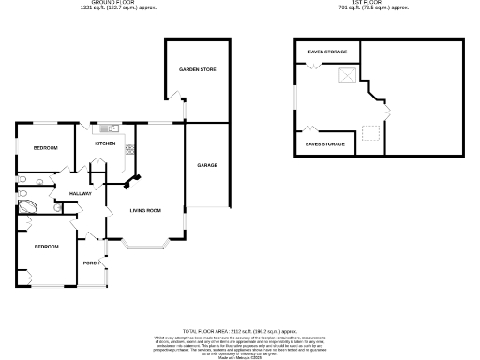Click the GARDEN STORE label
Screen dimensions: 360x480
coord(198,70)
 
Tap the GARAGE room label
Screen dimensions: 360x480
coord(207,165)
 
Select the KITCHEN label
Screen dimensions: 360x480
coord(104,144)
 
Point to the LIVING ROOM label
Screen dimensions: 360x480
coord(145,211)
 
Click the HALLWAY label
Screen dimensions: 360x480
coord(80,193)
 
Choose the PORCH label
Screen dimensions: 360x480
coord(92,262)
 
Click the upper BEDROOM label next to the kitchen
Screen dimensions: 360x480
coord(45,148)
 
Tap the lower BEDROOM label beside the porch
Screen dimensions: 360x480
coord(47,247)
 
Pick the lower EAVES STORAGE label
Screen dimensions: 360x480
coord(324,143)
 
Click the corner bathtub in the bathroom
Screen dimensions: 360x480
coord(28,208)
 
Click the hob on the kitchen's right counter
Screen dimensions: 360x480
coord(129,149)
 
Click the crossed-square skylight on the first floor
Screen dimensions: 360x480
coord(348,78)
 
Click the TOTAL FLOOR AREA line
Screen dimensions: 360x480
coord(240,331)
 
